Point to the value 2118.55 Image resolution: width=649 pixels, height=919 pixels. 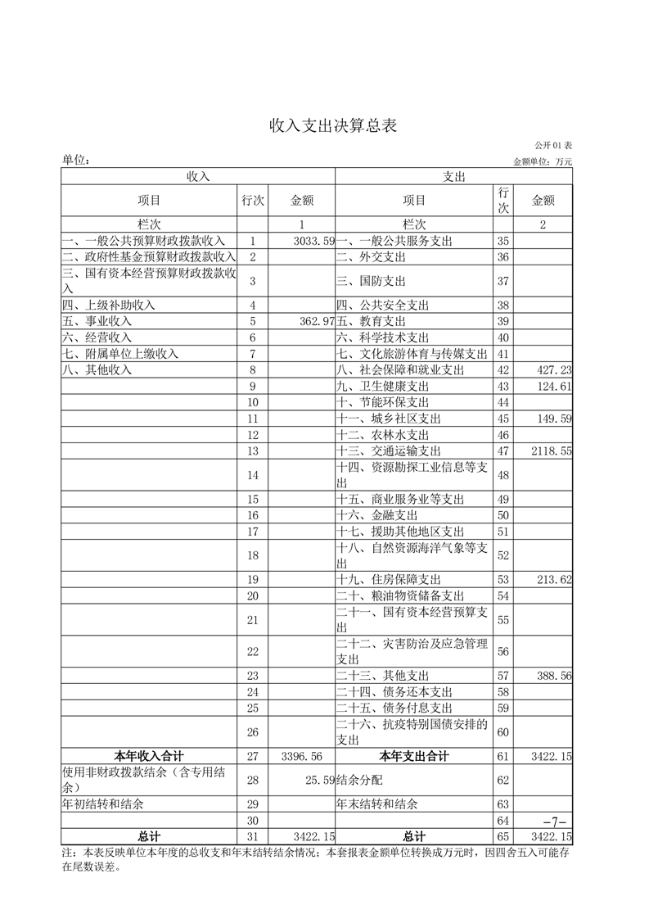(550, 450)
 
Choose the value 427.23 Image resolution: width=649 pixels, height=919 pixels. (552, 370)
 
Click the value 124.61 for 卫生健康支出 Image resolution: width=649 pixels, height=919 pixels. (552, 387)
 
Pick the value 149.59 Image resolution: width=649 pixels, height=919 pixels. (552, 419)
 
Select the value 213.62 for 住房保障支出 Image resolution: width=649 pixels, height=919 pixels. (552, 580)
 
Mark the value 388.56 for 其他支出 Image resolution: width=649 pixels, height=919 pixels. (552, 676)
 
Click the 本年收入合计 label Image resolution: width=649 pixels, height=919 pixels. (148, 755)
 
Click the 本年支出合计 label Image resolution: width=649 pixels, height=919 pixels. (414, 755)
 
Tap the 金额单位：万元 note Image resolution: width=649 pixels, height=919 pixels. (543, 161)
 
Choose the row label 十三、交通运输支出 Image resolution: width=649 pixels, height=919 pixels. (389, 450)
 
